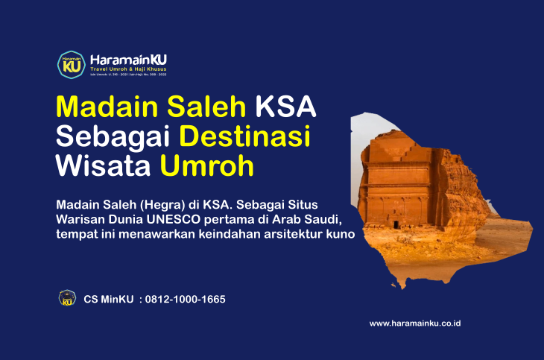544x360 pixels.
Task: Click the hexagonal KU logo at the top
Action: tap(70, 64)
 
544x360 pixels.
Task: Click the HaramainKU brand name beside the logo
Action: tap(128, 59)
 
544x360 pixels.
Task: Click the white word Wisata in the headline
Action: tap(104, 166)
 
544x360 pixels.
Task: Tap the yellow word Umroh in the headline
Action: tap(206, 166)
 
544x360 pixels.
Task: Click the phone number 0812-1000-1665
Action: tap(185, 300)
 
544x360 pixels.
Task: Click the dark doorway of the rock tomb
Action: tap(395, 223)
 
